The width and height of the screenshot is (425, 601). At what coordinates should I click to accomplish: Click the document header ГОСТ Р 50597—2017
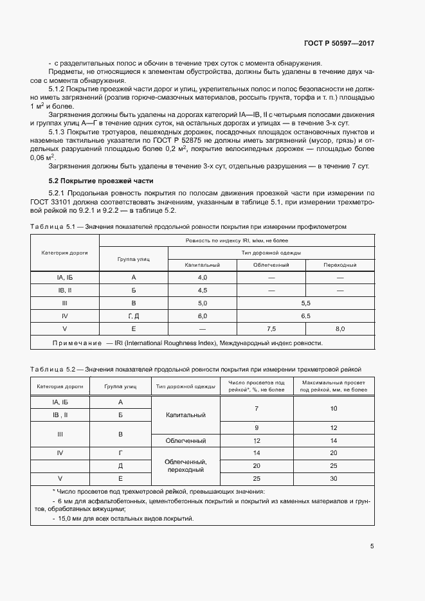[x=338, y=43]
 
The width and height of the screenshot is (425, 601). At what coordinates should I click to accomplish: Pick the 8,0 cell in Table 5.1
[x=339, y=329]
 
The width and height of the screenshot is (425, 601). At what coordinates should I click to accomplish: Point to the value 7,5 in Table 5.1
[x=271, y=329]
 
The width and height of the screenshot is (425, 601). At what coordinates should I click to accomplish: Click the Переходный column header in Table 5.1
[x=339, y=264]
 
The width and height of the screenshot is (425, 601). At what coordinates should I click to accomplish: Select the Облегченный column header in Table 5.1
[x=271, y=264]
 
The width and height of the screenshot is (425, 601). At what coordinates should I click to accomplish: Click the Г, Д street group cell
[x=133, y=316]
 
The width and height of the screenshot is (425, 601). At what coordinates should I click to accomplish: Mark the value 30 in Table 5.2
[x=333, y=479]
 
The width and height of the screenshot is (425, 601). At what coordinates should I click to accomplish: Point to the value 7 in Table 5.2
[x=257, y=408]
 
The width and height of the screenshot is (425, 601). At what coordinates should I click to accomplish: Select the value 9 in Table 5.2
[x=257, y=427]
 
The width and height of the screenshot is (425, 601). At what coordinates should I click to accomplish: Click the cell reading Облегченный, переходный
[x=185, y=466]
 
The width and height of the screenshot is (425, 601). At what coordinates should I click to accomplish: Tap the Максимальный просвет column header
[x=333, y=386]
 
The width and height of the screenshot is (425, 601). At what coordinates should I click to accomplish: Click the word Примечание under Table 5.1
[x=77, y=343]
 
